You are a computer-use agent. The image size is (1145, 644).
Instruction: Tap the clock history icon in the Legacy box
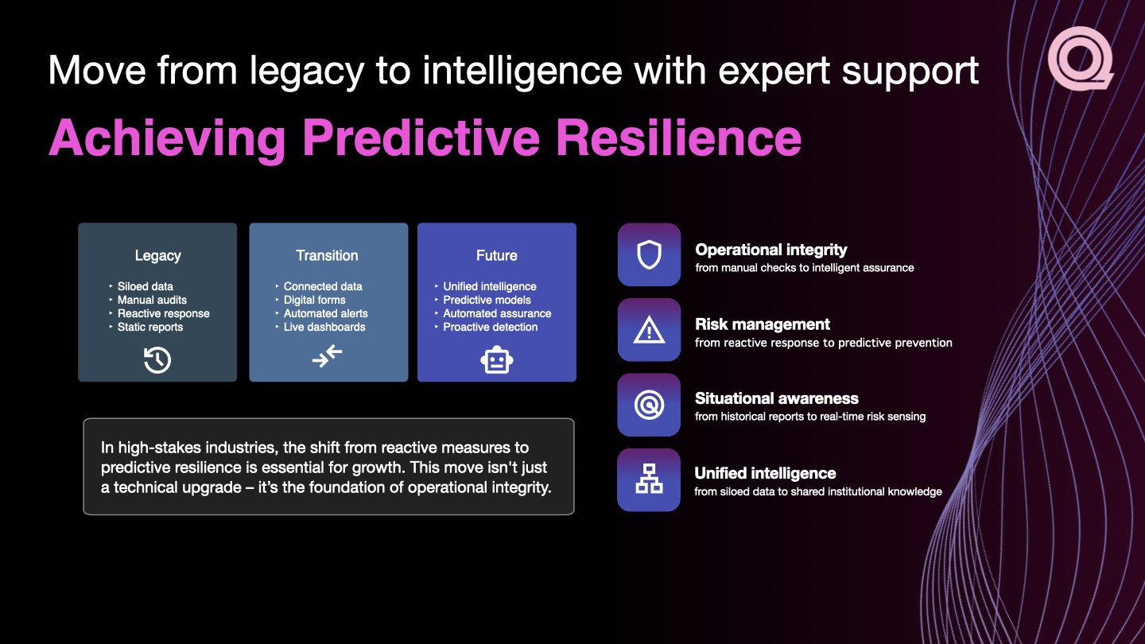pos(157,360)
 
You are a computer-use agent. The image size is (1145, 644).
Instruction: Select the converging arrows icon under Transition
pos(327,356)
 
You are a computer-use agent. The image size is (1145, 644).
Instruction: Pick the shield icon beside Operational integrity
pos(649,254)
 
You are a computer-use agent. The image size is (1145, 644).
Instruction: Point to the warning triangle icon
pos(649,330)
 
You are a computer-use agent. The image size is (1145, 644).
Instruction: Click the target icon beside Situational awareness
pos(649,405)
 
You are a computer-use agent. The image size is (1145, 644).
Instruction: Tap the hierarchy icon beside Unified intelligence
pos(649,479)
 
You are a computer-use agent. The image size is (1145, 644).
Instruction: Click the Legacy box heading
pos(157,255)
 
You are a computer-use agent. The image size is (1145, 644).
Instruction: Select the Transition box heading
pos(327,255)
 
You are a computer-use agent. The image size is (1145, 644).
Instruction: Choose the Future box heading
pos(497,255)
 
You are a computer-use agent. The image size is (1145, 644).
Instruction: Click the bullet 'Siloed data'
pos(145,286)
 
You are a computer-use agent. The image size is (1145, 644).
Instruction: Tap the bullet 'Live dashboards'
pos(324,327)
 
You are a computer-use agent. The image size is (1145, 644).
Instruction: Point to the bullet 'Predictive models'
pos(487,300)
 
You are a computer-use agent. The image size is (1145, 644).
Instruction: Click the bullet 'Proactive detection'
pos(490,327)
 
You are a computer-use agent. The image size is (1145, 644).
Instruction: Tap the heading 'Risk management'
pos(762,324)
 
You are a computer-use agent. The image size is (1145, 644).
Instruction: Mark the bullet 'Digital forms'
pos(314,300)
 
